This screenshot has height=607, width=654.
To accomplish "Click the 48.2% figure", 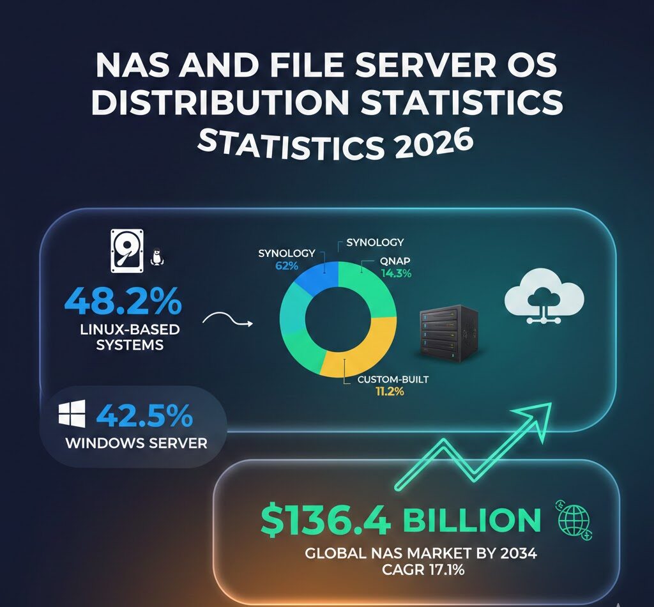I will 123,302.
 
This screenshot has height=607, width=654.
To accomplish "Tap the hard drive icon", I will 125,252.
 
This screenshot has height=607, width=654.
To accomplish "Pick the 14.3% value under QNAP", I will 396,274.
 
